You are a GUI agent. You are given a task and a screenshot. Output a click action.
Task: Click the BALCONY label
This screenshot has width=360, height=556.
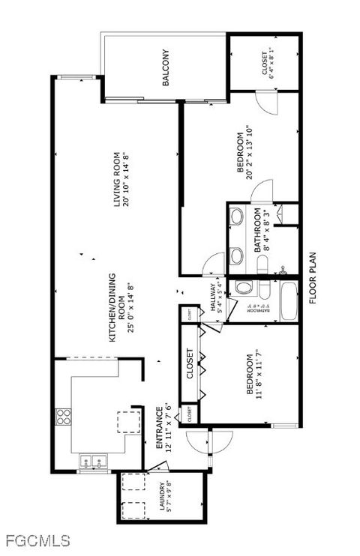click(165, 68)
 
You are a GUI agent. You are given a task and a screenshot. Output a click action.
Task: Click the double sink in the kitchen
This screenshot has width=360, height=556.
click(94, 462)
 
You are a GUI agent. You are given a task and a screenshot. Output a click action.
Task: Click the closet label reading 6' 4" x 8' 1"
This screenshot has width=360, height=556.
click(268, 64)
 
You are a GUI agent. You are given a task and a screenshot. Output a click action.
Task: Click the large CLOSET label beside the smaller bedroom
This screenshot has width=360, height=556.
click(190, 364)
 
